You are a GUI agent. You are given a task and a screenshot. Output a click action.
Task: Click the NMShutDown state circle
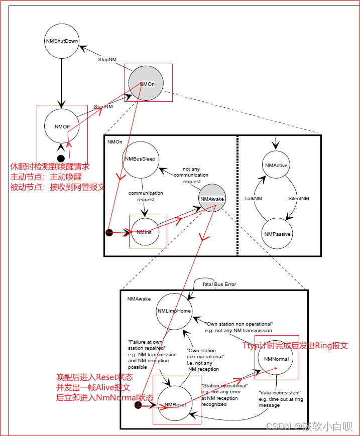tap(62, 41)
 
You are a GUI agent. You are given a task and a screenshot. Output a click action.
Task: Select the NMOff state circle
tap(62, 126)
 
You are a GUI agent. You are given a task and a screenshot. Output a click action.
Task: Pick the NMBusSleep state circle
tap(140, 160)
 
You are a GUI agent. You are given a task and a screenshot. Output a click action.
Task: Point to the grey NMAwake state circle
tap(212, 199)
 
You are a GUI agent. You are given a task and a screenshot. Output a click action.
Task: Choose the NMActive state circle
tap(277, 166)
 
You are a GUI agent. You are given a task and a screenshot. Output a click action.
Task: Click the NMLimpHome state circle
tap(174, 311)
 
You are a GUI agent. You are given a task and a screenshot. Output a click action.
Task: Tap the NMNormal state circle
tap(276, 359)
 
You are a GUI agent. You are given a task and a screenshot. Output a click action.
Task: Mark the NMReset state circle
tap(175, 404)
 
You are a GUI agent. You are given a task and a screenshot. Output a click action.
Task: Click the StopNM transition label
tap(107, 60)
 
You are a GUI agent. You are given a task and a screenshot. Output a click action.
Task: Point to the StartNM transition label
tap(103, 107)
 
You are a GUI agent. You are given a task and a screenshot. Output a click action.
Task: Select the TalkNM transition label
tap(253, 199)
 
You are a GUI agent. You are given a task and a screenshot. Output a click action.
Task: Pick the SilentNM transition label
tap(299, 199)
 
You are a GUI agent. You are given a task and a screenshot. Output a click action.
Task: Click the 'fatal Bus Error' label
tap(219, 284)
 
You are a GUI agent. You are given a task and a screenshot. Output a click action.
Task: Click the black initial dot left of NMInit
tap(109, 232)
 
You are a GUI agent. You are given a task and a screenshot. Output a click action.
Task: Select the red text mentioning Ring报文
tap(295, 346)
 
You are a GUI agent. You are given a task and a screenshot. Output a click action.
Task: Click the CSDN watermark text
tap(309, 426)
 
